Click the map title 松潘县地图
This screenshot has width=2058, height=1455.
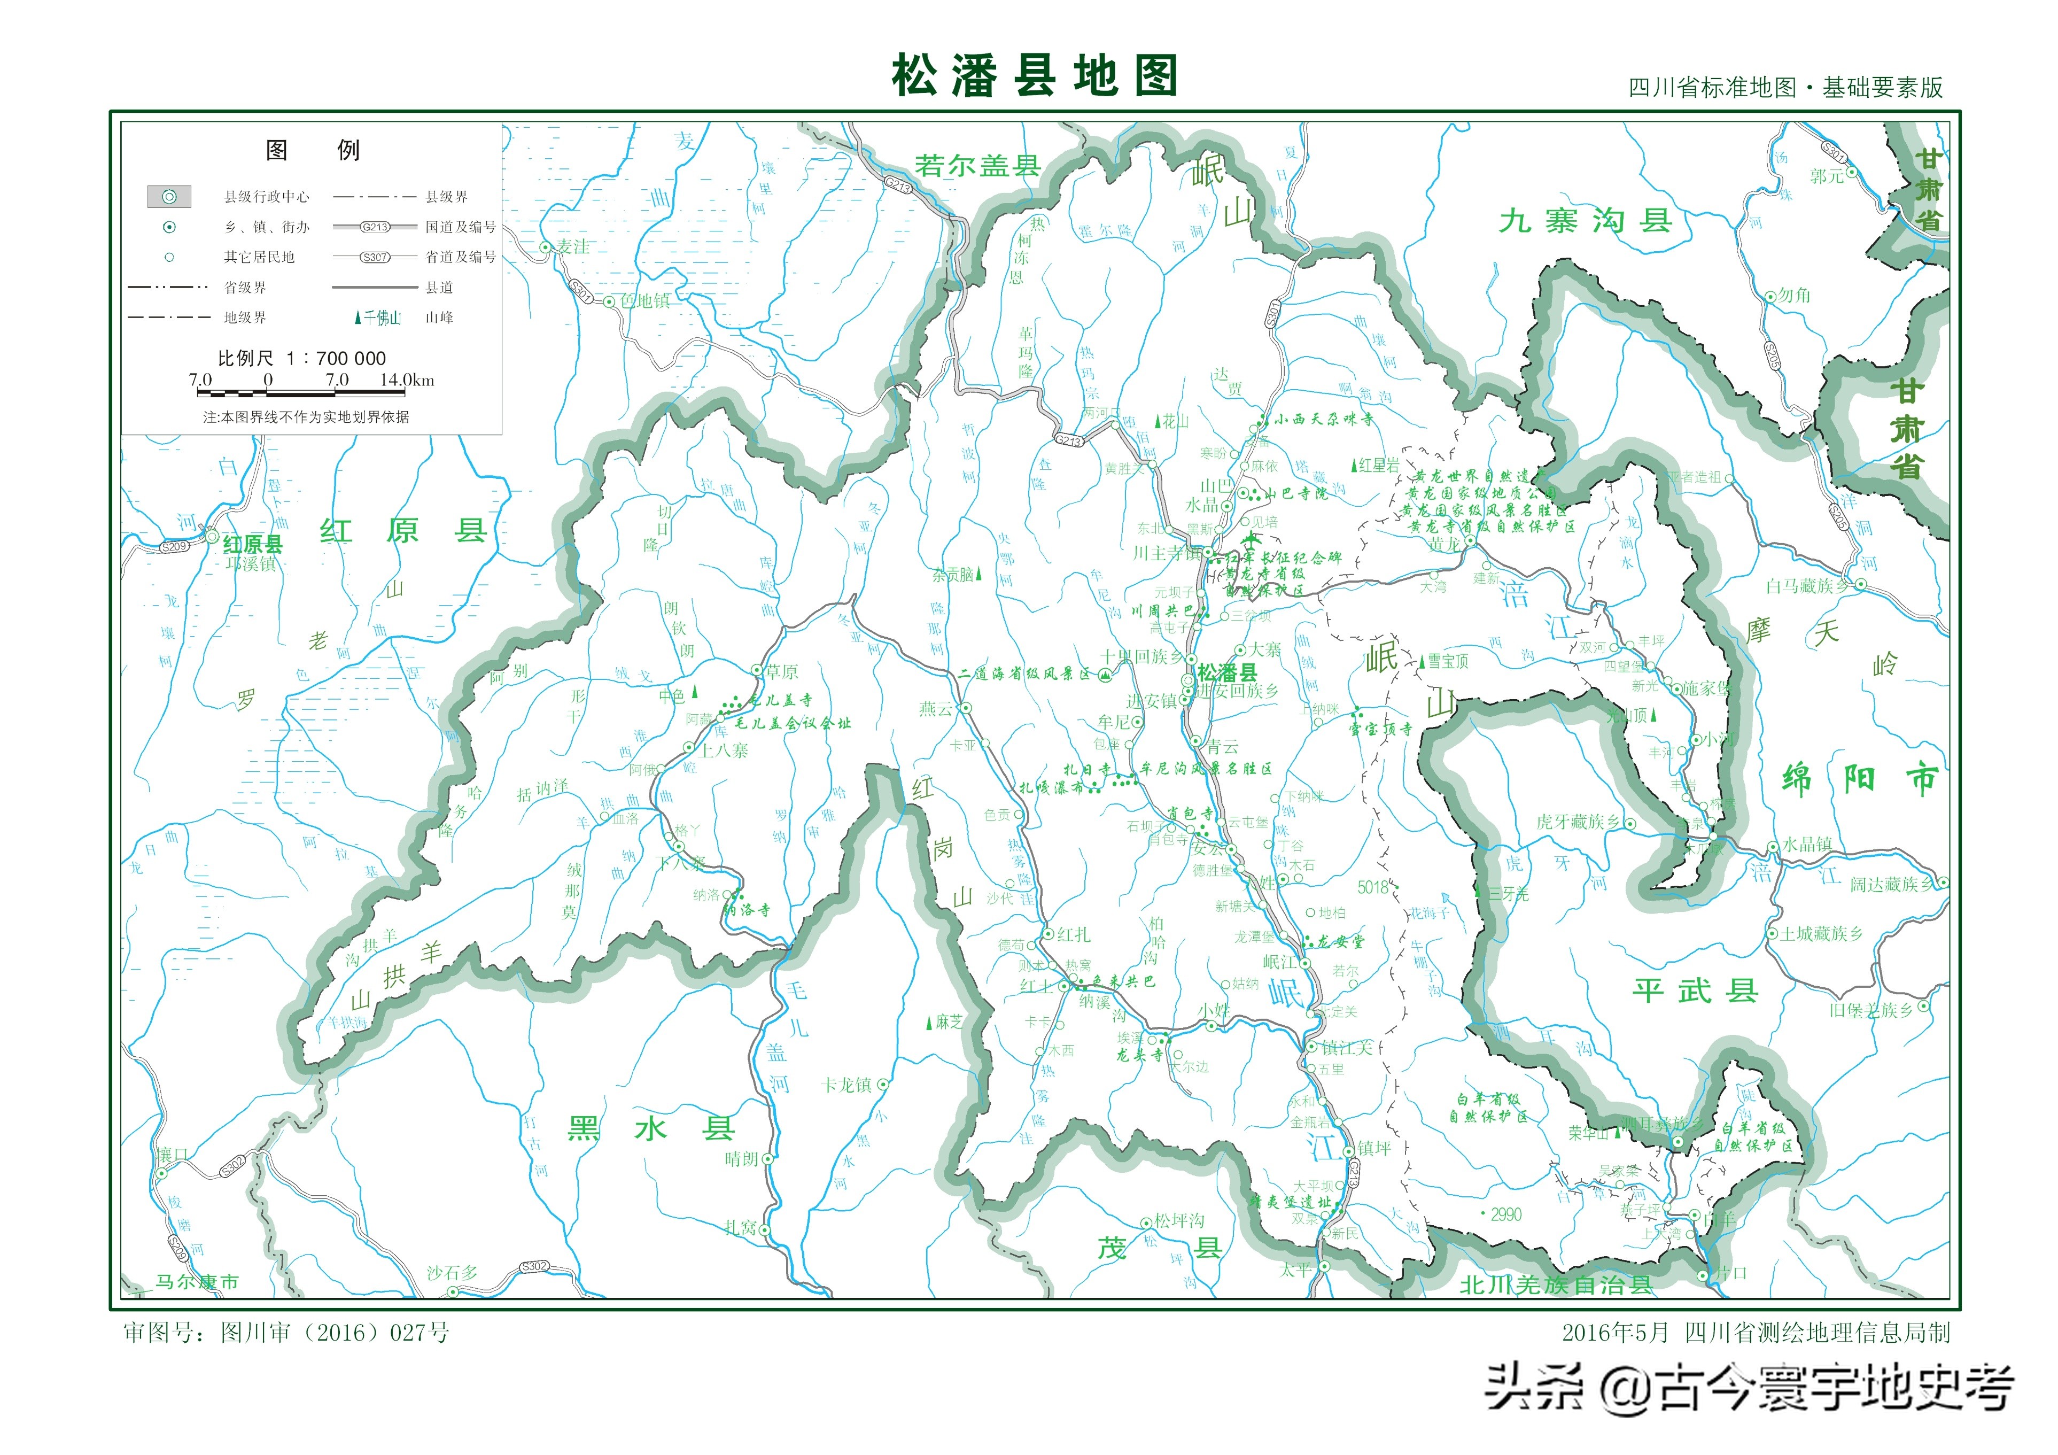tap(1034, 75)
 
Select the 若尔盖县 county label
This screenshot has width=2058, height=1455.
tap(976, 166)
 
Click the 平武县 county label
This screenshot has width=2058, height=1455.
tap(1694, 990)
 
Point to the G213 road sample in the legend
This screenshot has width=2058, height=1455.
tap(375, 227)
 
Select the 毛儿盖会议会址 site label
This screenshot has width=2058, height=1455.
tap(793, 723)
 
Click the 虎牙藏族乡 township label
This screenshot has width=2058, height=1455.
tap(1578, 822)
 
